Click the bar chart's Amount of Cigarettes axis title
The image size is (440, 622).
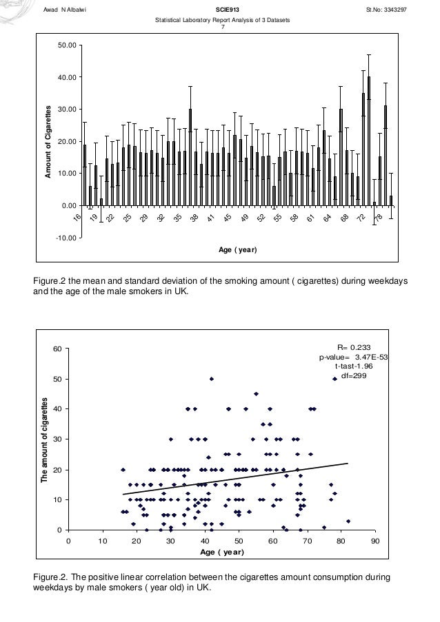click(50, 141)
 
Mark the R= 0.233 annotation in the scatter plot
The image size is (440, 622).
click(355, 348)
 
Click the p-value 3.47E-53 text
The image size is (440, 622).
click(353, 357)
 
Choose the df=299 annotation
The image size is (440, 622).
click(355, 375)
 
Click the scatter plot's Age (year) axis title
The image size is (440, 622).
click(221, 552)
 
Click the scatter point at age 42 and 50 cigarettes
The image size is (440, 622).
click(212, 378)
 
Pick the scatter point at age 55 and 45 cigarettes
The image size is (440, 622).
click(256, 394)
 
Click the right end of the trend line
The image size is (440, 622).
click(348, 464)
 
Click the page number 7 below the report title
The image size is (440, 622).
click(222, 28)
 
